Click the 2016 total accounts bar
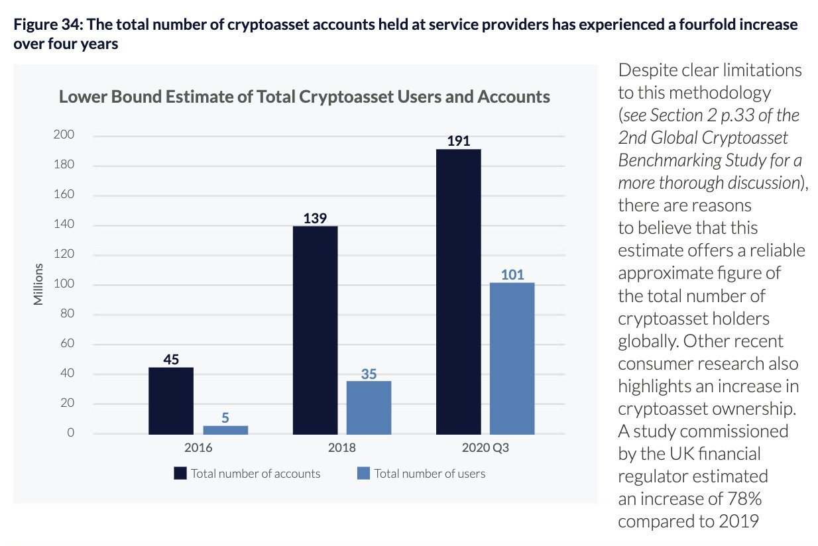[x=171, y=400]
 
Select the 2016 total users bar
[x=225, y=429]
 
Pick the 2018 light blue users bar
[x=369, y=408]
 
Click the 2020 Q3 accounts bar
[x=459, y=292]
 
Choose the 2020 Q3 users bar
[x=512, y=358]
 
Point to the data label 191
[x=459, y=141]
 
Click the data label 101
[x=512, y=274]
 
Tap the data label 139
[x=315, y=218]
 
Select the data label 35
[x=369, y=374]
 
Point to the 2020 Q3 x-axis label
[x=486, y=448]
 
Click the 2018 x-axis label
[x=342, y=448]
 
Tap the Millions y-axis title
[x=38, y=285]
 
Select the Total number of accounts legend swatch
[x=180, y=473]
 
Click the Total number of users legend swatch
[x=363, y=473]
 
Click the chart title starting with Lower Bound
[x=304, y=97]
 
